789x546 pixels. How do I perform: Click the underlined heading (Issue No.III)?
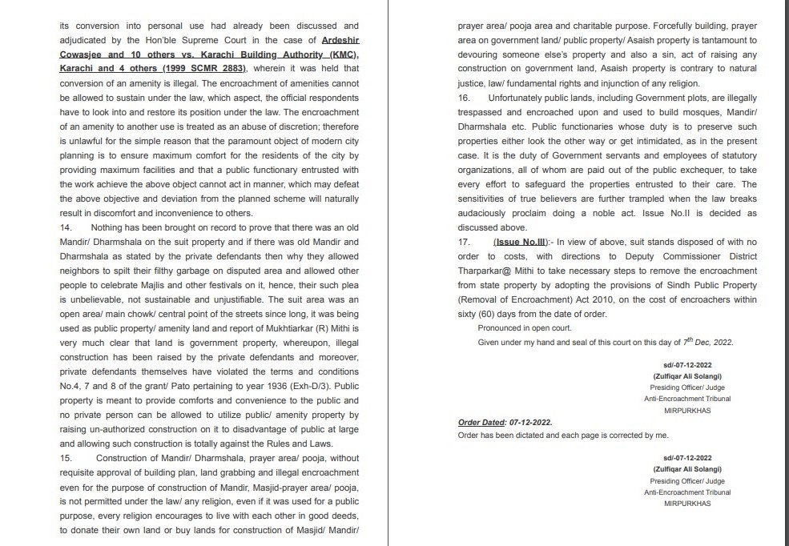[521, 242]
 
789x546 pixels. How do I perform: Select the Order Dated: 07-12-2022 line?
[505, 422]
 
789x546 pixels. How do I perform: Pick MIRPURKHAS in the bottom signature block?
[688, 504]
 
